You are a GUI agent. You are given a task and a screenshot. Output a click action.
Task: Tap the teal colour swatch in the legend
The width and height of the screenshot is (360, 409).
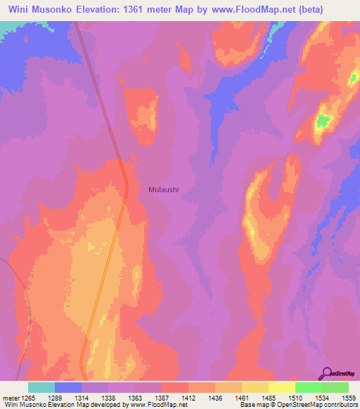click(41, 387)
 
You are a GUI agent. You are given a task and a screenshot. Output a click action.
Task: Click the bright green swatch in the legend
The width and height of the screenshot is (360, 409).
click(308, 387)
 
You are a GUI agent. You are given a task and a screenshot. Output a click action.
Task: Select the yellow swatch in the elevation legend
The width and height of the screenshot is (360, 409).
click(281, 387)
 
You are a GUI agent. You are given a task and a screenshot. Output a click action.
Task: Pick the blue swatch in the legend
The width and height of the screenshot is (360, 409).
click(67, 387)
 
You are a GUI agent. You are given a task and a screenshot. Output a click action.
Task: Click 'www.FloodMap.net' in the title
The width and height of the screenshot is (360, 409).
click(279, 10)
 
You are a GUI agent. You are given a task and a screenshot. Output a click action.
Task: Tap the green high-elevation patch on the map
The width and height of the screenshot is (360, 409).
click(322, 121)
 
